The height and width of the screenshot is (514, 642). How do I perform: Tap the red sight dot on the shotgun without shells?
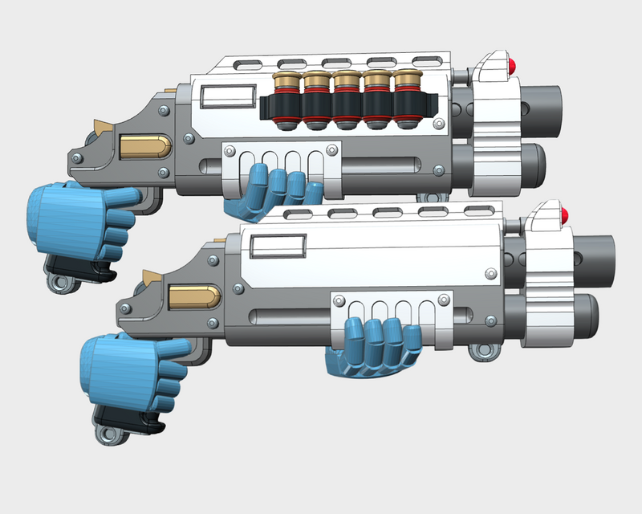pyautogui.click(x=565, y=214)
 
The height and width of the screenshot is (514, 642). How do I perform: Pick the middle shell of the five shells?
pyautogui.click(x=345, y=100)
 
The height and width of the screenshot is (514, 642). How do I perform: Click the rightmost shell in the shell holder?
pyautogui.click(x=406, y=100)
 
